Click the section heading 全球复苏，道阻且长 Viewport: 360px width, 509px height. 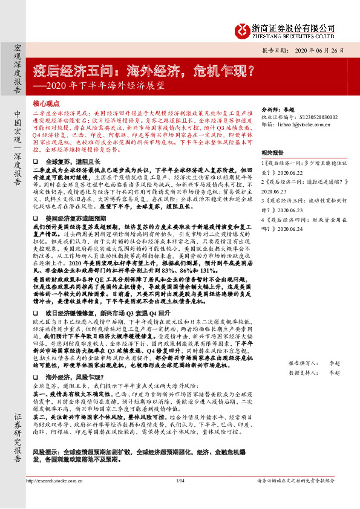tap(70, 162)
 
